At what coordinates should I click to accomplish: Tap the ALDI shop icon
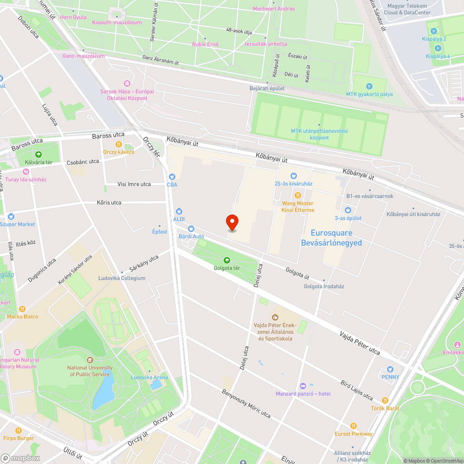[x=179, y=211]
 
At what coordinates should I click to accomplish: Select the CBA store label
[x=172, y=184]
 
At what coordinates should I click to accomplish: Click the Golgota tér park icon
[x=227, y=260]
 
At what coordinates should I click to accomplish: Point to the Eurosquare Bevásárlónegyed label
[x=331, y=238]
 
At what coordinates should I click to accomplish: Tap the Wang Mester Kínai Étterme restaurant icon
[x=298, y=195]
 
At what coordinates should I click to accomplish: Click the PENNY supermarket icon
[x=390, y=369]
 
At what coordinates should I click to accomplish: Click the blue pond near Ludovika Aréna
[x=104, y=390]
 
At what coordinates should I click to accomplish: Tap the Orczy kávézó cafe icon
[x=119, y=144]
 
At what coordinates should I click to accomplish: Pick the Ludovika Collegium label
[x=122, y=278]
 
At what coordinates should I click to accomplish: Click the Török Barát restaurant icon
[x=385, y=400]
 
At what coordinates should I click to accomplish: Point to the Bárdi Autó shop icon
[x=191, y=228]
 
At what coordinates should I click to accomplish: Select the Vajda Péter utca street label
[x=360, y=343]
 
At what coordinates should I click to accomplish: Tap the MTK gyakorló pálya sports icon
[x=369, y=86]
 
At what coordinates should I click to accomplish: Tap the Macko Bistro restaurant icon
[x=22, y=309]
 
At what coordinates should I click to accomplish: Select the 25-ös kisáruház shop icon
[x=293, y=176]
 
